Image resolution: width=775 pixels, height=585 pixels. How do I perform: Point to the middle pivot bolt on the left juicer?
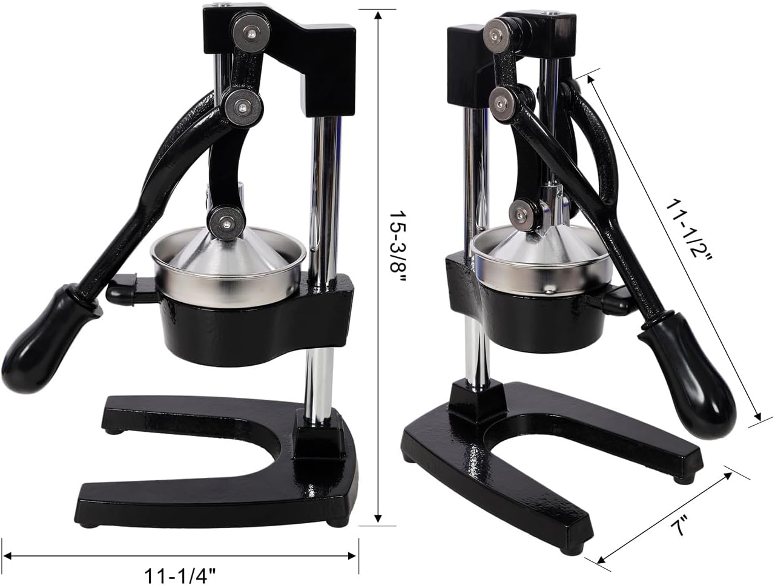point(243,107)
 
